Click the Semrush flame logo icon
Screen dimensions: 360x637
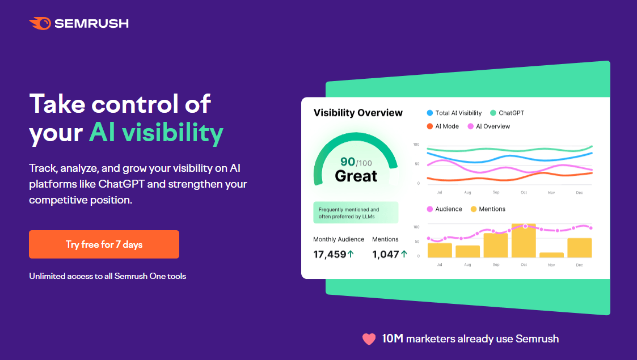(40, 23)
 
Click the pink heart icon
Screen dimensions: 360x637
(369, 339)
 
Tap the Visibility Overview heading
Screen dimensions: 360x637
(358, 113)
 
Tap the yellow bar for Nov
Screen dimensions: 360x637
(551, 255)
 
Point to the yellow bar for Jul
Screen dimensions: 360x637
(440, 250)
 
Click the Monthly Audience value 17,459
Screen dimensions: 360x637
(330, 254)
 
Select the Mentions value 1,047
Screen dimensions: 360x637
(386, 254)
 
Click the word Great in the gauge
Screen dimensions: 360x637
(356, 176)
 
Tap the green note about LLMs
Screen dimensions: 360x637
(356, 213)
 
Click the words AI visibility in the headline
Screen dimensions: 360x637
(156, 133)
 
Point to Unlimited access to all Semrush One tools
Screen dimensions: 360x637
(108, 276)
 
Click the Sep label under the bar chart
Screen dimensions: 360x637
(496, 265)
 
